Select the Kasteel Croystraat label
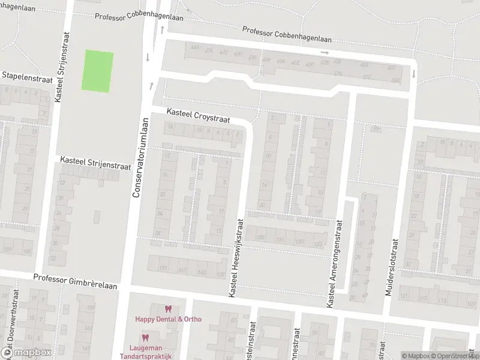click(198, 115)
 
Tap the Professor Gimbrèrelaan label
click(75, 278)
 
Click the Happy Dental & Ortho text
click(168, 319)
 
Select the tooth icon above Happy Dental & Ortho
click(168, 309)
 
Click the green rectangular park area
click(97, 71)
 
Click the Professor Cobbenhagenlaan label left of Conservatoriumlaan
click(120, 16)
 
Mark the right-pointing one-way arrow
click(325, 53)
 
